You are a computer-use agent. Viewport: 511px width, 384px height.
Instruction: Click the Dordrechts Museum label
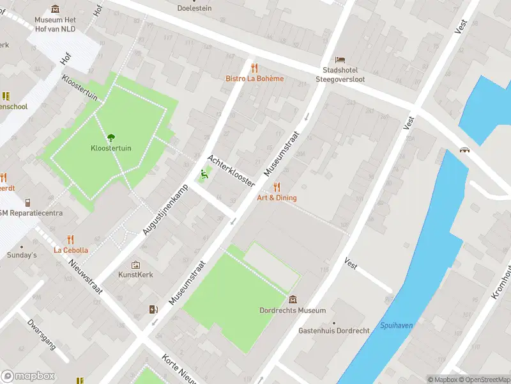293,310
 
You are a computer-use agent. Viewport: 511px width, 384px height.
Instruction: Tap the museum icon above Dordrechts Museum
293,300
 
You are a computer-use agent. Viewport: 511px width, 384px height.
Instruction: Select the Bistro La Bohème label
254,79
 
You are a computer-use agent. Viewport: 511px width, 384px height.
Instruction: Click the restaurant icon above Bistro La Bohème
254,67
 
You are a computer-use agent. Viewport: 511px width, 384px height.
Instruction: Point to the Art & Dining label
277,198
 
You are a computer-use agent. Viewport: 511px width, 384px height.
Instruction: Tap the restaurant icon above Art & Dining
277,187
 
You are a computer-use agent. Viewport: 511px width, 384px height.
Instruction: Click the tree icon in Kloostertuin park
111,136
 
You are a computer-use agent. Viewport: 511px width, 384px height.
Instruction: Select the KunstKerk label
135,275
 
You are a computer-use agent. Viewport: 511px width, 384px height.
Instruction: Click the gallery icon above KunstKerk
135,264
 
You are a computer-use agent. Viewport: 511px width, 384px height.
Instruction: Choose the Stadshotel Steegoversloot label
340,74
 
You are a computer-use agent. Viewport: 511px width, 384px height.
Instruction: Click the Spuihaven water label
396,326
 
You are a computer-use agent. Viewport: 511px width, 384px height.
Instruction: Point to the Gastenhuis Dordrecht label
333,331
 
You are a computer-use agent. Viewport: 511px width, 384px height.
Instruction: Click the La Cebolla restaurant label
71,250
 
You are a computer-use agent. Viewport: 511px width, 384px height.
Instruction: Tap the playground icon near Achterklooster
204,173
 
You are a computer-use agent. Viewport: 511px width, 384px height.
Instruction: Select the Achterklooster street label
231,170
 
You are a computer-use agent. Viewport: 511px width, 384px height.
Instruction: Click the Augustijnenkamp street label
161,205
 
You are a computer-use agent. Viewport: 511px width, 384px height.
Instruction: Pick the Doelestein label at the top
194,8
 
